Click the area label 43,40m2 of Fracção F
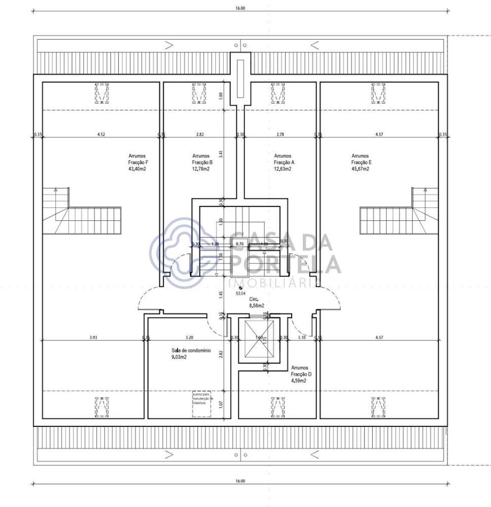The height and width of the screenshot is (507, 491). pos(138,169)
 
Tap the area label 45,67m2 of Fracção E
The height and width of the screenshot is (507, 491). pos(360,169)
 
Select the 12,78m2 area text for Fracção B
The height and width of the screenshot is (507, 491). pos(201,169)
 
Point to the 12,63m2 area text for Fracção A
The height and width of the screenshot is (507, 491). pos(283,169)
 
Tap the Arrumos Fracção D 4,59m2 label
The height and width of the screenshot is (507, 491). pos(301,374)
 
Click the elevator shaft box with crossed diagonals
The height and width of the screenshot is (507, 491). pos(259,340)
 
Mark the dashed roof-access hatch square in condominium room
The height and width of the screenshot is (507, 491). pos(202,404)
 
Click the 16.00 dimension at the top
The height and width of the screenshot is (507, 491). pos(240,8)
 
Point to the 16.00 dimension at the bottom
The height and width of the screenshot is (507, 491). pos(240,481)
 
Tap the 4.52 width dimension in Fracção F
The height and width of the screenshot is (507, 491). pos(101,134)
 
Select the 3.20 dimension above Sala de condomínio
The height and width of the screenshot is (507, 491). pos(189,337)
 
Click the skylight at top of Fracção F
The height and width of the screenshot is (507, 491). pos(102,93)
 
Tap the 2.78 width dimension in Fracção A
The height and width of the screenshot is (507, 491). pos(280,134)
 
